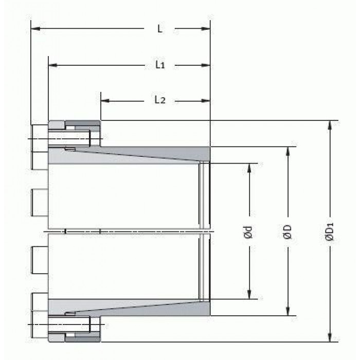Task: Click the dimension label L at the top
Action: tap(160, 29)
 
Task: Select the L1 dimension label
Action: tap(160, 65)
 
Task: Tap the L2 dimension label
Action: tap(160, 100)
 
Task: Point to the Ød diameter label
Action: tap(248, 232)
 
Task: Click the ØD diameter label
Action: tap(287, 232)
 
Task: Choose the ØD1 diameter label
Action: tap(329, 232)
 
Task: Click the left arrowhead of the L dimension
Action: tap(35, 29)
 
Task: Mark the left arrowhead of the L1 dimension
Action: tap(53, 65)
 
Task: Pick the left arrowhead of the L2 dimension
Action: tap(105, 101)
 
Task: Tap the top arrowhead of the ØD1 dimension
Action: tap(330, 125)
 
